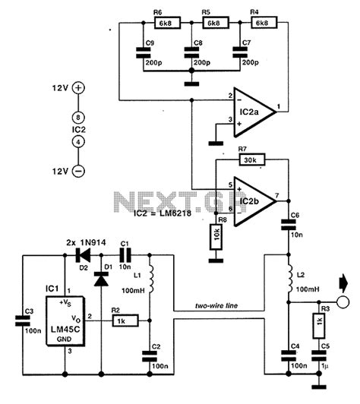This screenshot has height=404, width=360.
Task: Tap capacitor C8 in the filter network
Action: (x=188, y=53)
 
